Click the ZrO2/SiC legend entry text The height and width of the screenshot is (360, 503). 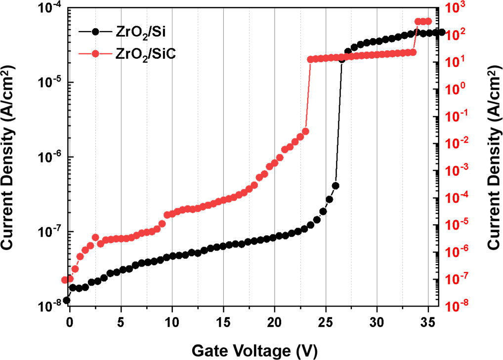tap(145, 54)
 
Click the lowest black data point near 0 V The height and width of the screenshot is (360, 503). tap(67, 300)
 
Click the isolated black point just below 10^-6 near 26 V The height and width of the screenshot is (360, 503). tap(335, 186)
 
